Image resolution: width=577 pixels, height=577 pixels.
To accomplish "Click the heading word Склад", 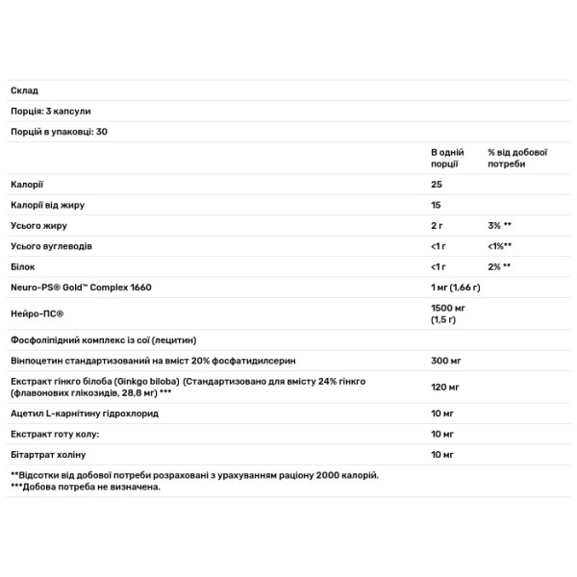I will pos(24,90).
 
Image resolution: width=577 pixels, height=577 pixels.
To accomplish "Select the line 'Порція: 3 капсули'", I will pos(51,111).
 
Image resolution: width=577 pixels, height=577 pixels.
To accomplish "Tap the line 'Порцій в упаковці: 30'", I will pos(59,131).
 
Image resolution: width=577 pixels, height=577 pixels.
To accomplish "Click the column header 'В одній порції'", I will pos(447,158).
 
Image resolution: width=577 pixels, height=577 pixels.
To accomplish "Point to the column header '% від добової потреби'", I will pos(517,158).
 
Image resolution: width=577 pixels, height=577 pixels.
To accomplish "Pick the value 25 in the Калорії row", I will pos(437,184).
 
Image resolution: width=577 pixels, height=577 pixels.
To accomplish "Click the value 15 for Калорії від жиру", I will pos(437,204).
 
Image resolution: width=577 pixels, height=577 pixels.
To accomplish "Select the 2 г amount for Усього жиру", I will pos(438,224).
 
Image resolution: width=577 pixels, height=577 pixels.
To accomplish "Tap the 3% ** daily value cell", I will pos(499,224).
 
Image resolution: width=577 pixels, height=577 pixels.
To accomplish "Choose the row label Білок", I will pos(24,265).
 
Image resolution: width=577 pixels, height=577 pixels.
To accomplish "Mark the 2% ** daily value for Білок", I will pos(499,265).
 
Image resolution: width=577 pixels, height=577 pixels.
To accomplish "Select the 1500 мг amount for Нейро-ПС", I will pos(448,307).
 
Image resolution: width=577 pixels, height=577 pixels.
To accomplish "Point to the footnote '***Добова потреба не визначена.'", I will pos(86,488).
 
